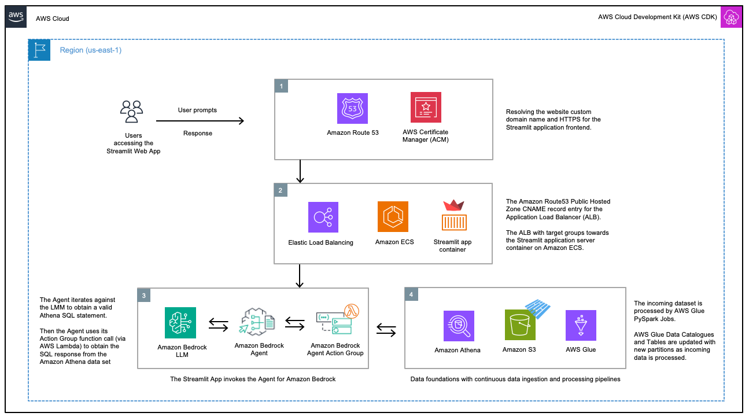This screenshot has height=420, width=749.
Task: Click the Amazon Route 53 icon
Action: pyautogui.click(x=352, y=108)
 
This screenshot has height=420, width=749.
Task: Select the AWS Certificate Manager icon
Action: pyautogui.click(x=426, y=108)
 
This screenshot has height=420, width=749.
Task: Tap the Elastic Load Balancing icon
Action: pyautogui.click(x=323, y=217)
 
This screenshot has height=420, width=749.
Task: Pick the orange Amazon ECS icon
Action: pyautogui.click(x=393, y=216)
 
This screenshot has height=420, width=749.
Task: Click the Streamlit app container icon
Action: pyautogui.click(x=454, y=215)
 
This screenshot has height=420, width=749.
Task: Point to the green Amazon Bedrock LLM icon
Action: pyautogui.click(x=180, y=323)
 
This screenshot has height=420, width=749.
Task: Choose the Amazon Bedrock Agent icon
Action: pyautogui.click(x=256, y=322)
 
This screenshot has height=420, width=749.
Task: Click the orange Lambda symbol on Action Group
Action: pyautogui.click(x=352, y=311)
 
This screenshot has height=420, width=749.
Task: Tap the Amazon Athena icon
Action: pyautogui.click(x=459, y=326)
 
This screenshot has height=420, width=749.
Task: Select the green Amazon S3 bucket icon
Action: pyautogui.click(x=520, y=325)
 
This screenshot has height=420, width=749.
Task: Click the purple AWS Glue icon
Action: pyautogui.click(x=581, y=325)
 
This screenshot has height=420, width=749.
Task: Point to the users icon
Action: pyautogui.click(x=131, y=112)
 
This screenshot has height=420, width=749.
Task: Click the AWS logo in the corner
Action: pyautogui.click(x=16, y=17)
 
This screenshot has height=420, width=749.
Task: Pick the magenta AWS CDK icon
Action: pyautogui.click(x=731, y=17)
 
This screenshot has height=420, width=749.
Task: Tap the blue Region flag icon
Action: pyautogui.click(x=39, y=50)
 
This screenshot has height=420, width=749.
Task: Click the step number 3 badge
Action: pyautogui.click(x=144, y=295)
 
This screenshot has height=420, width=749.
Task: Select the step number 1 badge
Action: pyautogui.click(x=281, y=86)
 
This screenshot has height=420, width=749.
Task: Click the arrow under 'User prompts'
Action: pyautogui.click(x=200, y=121)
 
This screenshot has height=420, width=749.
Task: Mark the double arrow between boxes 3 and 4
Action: pyautogui.click(x=386, y=330)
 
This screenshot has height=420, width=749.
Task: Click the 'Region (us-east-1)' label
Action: pyautogui.click(x=91, y=50)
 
